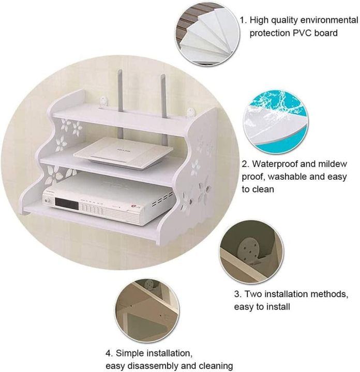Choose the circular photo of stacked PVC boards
[x=205, y=34]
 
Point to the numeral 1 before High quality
[x=242, y=20]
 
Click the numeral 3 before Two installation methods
[x=237, y=294]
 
